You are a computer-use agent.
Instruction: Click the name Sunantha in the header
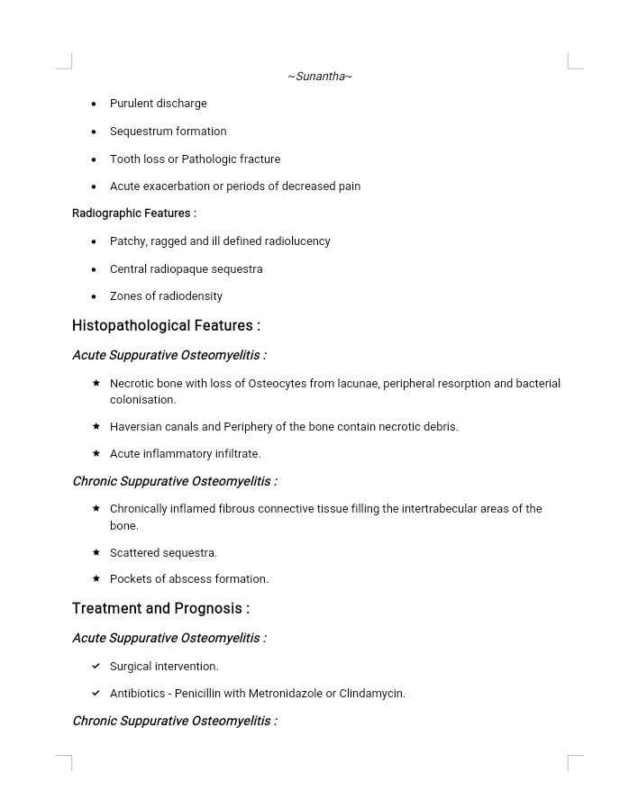[x=320, y=77]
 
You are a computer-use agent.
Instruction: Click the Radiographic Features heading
[x=133, y=214]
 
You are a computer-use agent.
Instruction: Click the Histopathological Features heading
[x=166, y=326]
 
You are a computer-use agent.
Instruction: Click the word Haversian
[x=137, y=427]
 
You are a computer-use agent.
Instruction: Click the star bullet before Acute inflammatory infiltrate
[x=96, y=453]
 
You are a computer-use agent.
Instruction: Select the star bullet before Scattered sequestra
[x=96, y=552]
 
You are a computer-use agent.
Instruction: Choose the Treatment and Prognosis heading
[x=160, y=609]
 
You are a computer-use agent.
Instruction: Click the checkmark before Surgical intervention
[x=96, y=666]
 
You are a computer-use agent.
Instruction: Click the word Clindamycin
[x=372, y=694]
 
